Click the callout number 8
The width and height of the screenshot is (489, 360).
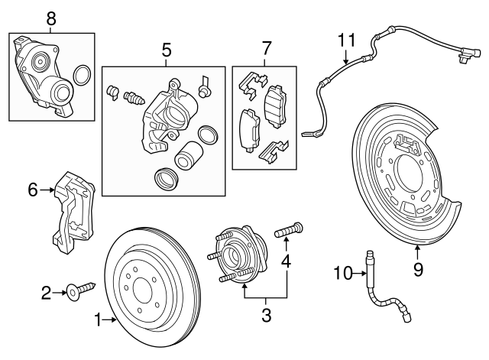pyautogui.click(x=51, y=18)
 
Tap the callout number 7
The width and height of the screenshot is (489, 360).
pyautogui.click(x=266, y=50)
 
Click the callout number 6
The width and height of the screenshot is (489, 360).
pyautogui.click(x=33, y=189)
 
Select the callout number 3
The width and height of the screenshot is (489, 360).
pyautogui.click(x=266, y=313)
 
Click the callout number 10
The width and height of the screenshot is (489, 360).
pyautogui.click(x=342, y=271)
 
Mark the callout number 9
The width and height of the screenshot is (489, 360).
pyautogui.click(x=418, y=268)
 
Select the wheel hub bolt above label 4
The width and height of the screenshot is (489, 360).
pyautogui.click(x=291, y=227)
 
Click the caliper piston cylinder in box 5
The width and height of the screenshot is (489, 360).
pyautogui.click(x=187, y=159)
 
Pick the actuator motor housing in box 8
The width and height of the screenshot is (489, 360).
pyautogui.click(x=45, y=72)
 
